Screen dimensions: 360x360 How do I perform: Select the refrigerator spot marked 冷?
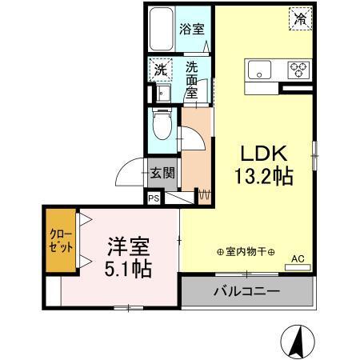(x=300, y=18)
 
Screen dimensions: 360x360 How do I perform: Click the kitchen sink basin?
(x=259, y=69)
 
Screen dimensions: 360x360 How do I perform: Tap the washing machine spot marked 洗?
(x=160, y=69)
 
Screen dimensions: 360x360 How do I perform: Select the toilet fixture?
(x=160, y=125)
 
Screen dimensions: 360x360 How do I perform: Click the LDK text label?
(x=260, y=153)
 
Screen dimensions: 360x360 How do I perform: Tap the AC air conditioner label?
(x=297, y=258)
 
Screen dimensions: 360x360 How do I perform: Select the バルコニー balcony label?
(x=246, y=291)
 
